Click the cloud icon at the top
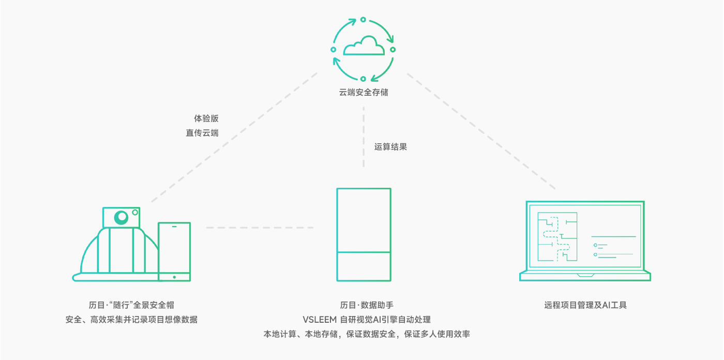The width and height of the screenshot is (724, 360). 363,46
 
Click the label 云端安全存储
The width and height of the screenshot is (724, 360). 363,93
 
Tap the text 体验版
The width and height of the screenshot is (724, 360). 206,118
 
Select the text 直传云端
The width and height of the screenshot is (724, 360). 202,133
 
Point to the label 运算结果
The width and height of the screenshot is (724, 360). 390,147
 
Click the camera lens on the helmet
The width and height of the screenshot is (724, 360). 121,217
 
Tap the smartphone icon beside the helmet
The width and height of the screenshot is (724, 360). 174,252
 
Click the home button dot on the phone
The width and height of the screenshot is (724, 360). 174,277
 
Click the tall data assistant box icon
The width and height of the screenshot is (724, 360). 364,234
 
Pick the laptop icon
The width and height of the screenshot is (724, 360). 585,241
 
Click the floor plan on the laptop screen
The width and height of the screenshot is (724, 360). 557,237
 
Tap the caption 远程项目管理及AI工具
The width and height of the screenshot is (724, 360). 585,305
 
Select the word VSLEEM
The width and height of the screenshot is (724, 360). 319,320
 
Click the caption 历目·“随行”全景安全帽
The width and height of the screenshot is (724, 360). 131,305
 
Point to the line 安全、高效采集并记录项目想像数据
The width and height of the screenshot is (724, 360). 131,320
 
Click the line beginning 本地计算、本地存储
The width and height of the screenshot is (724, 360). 367,334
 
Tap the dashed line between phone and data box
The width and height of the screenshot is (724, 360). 260,228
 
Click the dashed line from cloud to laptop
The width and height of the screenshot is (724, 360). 481,131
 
